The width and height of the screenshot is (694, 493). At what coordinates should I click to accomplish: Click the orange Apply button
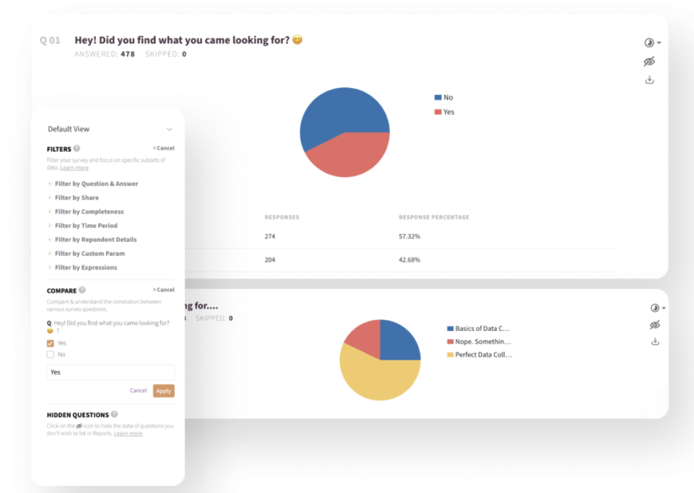click(x=163, y=391)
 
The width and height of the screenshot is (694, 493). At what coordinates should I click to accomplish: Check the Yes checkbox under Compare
click(x=50, y=343)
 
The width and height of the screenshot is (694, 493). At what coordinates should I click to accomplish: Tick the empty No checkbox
click(x=50, y=354)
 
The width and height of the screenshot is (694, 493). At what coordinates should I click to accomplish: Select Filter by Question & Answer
click(x=96, y=184)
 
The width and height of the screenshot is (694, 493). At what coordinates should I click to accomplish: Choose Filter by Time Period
click(x=85, y=226)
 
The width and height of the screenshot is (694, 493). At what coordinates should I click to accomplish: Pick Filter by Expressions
click(x=85, y=268)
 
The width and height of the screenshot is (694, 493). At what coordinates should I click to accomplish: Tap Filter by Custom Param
click(x=89, y=254)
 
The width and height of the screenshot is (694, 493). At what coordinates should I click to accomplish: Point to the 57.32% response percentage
click(x=409, y=237)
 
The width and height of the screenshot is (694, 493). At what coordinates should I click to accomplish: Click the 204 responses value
click(x=270, y=260)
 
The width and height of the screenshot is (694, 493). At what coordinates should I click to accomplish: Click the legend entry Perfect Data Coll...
click(x=483, y=355)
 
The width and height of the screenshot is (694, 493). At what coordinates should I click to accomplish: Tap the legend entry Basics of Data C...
click(x=481, y=328)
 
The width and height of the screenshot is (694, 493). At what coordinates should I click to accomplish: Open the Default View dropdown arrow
click(x=169, y=129)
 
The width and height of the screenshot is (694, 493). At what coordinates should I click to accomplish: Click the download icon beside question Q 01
click(x=649, y=80)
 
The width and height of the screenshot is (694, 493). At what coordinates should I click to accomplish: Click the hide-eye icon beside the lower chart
click(x=654, y=325)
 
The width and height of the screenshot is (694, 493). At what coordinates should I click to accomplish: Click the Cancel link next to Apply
click(x=138, y=391)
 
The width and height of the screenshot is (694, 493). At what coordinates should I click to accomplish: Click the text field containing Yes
click(x=110, y=372)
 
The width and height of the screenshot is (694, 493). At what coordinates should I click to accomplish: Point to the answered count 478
click(x=127, y=54)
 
